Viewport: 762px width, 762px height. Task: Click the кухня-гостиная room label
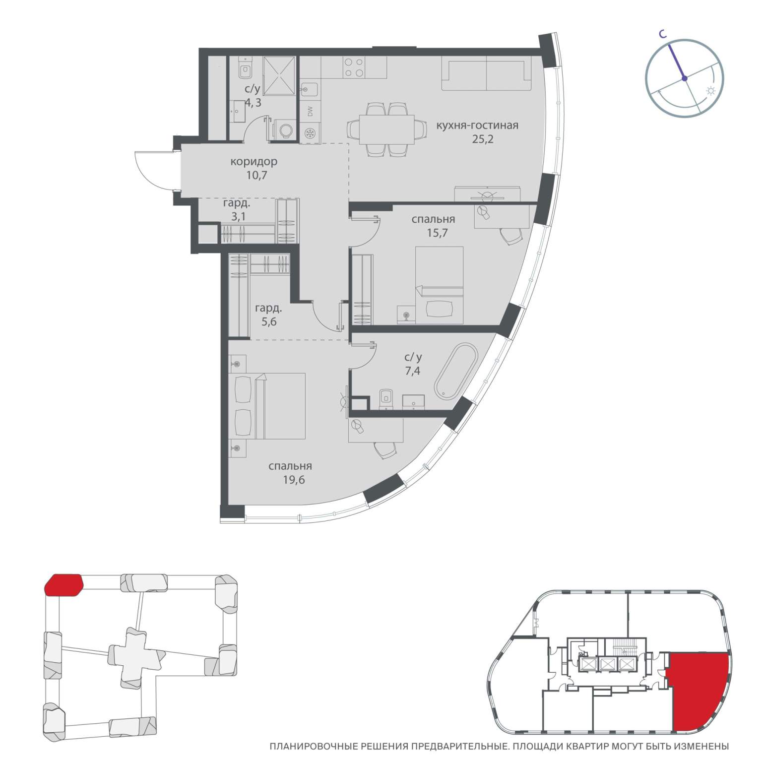(477, 126)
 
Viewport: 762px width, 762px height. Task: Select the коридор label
(254, 162)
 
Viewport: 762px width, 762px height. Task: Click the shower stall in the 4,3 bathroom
(279, 75)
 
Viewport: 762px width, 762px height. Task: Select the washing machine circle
(286, 130)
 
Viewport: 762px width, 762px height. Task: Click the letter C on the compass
(662, 33)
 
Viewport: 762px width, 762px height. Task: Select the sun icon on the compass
(711, 91)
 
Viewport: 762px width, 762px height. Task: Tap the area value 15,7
(437, 232)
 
